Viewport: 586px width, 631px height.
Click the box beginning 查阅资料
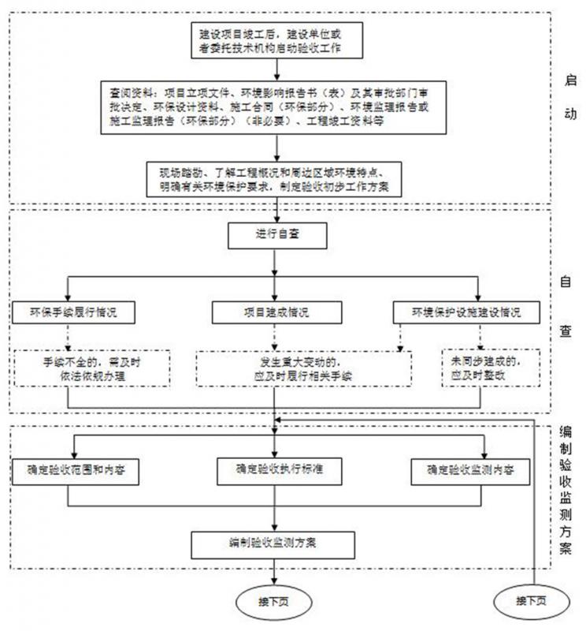tap(276, 110)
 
